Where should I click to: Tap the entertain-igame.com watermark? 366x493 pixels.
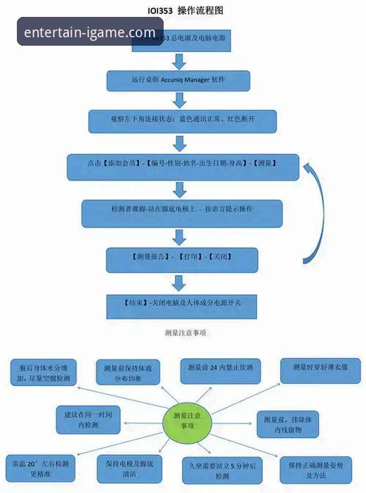[89, 32]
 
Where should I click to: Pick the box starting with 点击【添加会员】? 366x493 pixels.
[183, 167]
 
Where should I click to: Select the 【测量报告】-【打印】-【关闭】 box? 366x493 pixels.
[177, 260]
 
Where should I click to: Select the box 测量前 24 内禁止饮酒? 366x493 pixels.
[221, 369]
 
